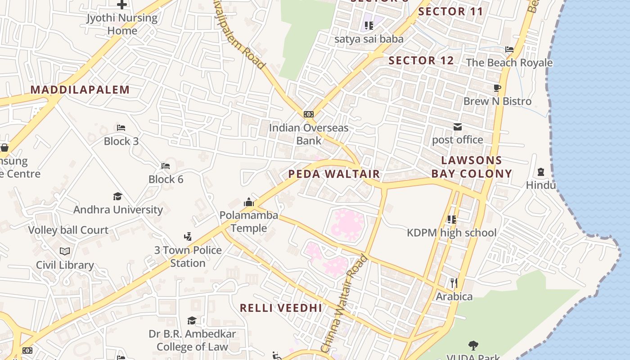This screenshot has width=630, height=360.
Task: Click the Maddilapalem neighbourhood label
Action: tap(80, 90)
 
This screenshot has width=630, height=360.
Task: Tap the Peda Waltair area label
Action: tap(334, 174)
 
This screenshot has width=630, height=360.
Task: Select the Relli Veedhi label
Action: tap(281, 308)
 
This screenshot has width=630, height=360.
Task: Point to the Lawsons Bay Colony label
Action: tap(472, 167)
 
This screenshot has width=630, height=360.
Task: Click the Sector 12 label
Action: tap(421, 61)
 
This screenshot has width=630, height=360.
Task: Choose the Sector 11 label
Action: tap(450, 12)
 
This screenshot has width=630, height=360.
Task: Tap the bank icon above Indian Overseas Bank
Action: tap(309, 114)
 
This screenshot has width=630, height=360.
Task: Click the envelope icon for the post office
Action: tap(458, 127)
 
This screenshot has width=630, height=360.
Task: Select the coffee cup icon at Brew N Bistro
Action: tap(497, 88)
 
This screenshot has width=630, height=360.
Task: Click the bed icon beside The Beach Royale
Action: tap(509, 49)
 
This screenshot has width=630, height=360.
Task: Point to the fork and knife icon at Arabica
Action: tap(454, 283)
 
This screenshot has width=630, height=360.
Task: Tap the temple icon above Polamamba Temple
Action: tap(249, 202)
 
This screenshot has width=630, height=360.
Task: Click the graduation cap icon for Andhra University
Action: tap(118, 197)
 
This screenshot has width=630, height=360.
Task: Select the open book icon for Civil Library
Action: tap(65, 252)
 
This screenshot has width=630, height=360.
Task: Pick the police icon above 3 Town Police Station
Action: tap(188, 237)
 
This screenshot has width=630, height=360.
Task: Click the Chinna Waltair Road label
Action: tap(344, 304)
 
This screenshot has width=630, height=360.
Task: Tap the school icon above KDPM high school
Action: tap(452, 219)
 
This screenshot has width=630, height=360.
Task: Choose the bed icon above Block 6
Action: tap(166, 166)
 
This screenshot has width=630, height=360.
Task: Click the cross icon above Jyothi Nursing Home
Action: tap(122, 5)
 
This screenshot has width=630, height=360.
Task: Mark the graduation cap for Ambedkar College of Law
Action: tap(192, 320)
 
